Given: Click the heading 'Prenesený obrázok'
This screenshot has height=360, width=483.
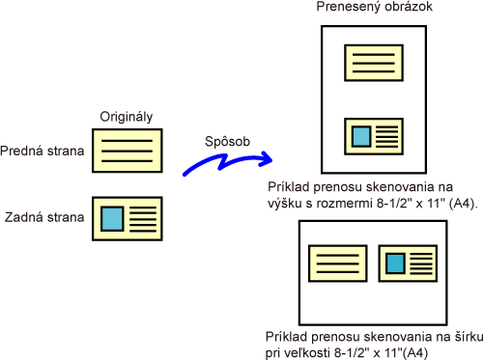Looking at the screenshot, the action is click(374, 7).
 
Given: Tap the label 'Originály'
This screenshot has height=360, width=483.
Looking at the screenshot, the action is click(127, 117).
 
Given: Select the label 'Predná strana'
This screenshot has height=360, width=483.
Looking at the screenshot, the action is click(43, 151).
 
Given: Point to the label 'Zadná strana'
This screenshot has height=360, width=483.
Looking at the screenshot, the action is click(44, 217).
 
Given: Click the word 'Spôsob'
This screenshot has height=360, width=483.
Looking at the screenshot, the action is click(227, 142).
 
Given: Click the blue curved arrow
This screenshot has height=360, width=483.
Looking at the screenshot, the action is click(225, 162).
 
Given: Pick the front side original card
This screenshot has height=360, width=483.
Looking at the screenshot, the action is click(128, 151).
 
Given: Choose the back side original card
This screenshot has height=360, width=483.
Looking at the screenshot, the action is click(128, 219).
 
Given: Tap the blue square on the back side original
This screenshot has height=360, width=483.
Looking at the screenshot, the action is click(112, 219).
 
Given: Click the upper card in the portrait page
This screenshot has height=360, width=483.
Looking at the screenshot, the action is click(374, 63).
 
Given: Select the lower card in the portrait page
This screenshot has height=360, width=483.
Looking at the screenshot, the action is click(374, 136).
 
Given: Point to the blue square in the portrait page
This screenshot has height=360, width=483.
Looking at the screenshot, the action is click(361, 136).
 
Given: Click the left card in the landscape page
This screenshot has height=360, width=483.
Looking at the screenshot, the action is click(338, 263).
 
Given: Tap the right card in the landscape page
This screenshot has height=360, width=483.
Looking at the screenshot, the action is click(408, 263).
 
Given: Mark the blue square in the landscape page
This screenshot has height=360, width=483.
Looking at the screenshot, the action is click(395, 263).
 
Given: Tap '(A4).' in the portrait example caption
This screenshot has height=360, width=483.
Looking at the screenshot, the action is click(464, 204).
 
